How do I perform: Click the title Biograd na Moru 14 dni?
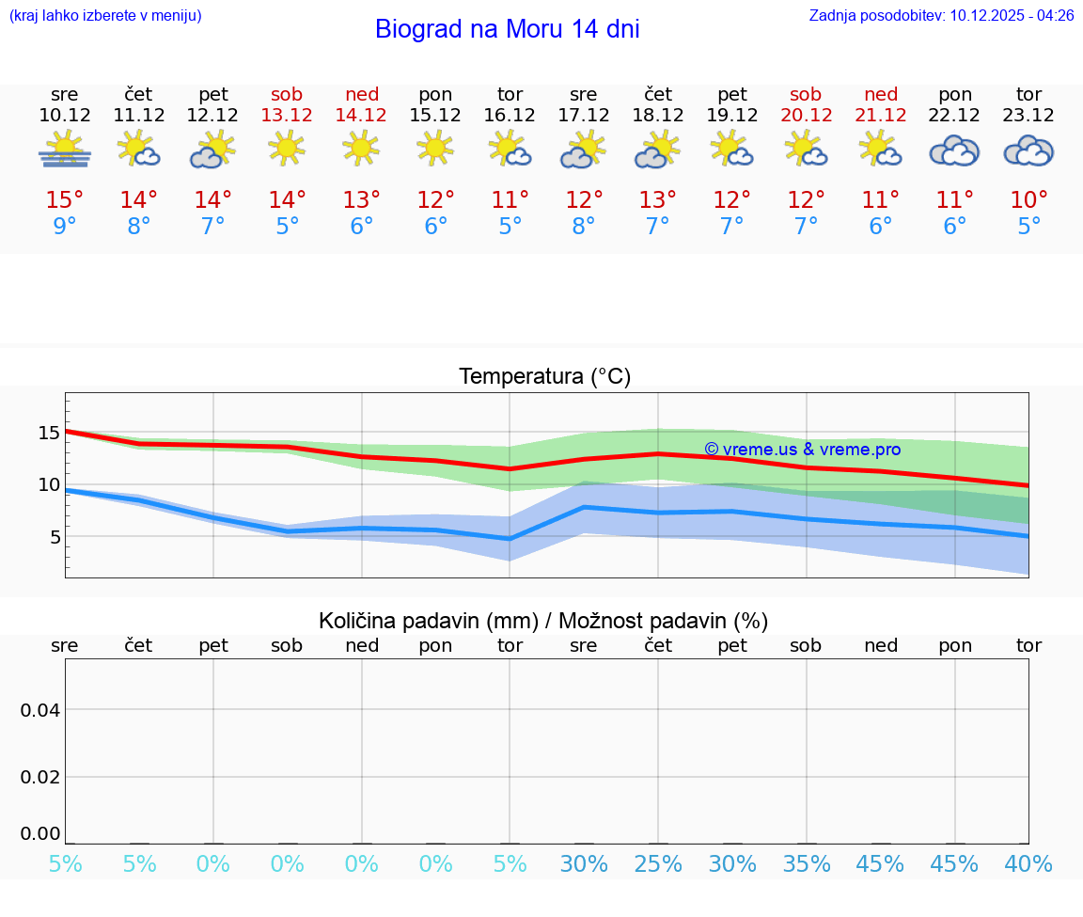(507, 29)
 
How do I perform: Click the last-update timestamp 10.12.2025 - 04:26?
(1012, 15)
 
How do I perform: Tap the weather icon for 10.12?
(65, 150)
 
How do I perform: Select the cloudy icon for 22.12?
(954, 150)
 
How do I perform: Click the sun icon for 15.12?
(435, 149)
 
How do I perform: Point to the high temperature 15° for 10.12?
(65, 200)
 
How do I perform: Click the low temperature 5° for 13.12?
(287, 227)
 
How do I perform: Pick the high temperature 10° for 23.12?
(1028, 200)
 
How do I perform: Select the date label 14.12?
(361, 116)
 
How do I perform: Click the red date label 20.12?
(806, 116)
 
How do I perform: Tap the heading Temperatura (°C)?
(544, 377)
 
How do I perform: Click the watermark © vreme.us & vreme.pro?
(802, 450)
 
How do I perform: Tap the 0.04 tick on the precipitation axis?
(40, 710)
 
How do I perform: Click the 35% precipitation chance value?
(806, 864)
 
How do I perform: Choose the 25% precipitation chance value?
(657, 864)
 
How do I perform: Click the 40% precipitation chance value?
(1028, 864)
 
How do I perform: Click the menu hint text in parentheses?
(105, 15)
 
